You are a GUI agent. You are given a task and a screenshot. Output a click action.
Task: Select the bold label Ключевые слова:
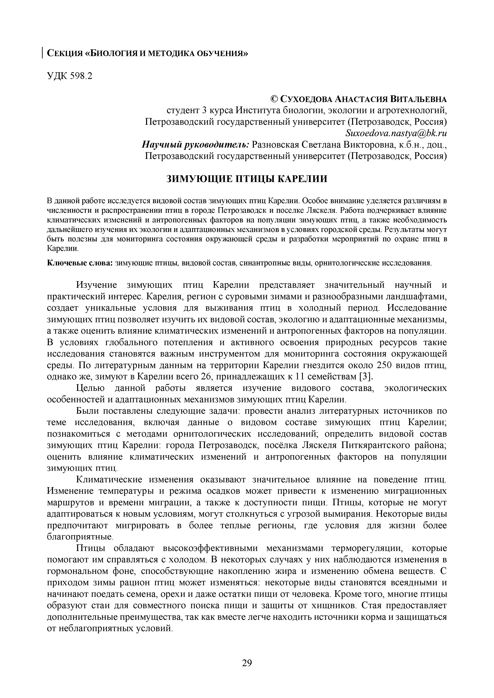[x=80, y=263]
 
